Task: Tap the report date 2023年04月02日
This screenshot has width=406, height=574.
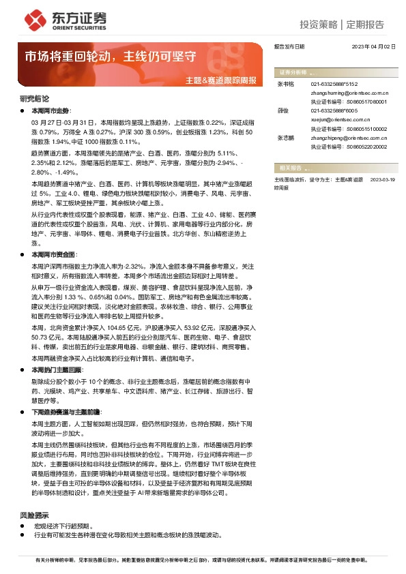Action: click(374, 47)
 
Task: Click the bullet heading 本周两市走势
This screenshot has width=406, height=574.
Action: click(56, 109)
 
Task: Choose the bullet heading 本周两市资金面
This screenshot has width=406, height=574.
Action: click(60, 253)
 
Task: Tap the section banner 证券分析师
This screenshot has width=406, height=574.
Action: click(293, 72)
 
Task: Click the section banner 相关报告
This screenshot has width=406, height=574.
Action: click(291, 167)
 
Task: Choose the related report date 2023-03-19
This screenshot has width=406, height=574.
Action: click(383, 179)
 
